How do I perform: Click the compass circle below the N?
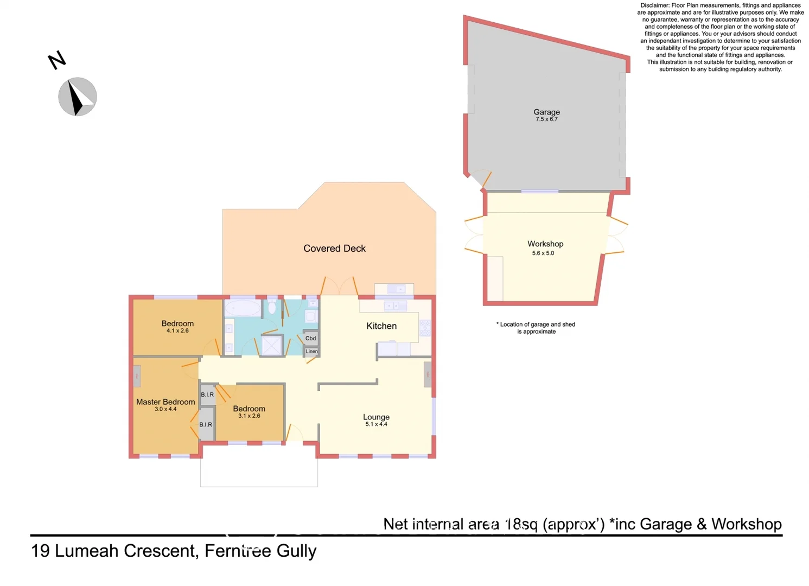(78, 97)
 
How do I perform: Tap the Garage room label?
(546, 112)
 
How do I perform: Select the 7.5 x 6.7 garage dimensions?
(546, 119)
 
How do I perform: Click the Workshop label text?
(545, 244)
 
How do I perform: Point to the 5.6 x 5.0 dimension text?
(543, 253)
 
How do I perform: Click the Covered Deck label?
(334, 249)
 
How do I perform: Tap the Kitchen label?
(381, 326)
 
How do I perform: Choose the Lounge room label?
(376, 417)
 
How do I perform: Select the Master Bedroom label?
(165, 402)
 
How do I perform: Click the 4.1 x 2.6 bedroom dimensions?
(177, 330)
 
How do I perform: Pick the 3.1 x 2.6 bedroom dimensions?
(249, 416)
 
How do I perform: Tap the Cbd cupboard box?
(310, 339)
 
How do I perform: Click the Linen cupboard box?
(311, 352)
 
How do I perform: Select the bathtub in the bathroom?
(243, 308)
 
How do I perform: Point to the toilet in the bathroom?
(272, 308)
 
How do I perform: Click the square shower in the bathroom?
(272, 346)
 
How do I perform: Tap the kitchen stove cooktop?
(425, 328)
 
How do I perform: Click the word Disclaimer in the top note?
(655, 5)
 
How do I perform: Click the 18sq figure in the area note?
(521, 524)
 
